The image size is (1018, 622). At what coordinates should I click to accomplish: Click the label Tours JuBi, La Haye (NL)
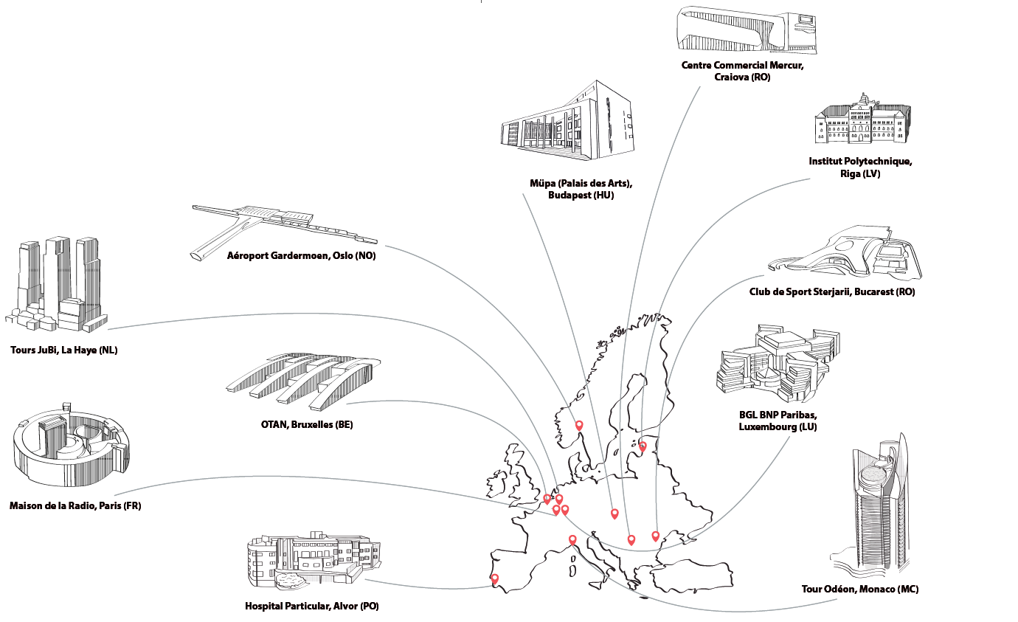[64, 350]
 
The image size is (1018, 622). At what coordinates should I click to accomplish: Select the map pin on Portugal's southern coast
[495, 578]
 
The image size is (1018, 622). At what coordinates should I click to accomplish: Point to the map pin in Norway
[579, 425]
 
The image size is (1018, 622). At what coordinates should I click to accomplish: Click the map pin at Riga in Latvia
[643, 446]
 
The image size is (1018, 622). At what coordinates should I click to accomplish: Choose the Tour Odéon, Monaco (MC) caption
[859, 589]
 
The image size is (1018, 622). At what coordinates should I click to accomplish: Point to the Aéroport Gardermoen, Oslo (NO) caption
[301, 256]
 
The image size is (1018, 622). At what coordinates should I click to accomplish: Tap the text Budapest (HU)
[581, 196]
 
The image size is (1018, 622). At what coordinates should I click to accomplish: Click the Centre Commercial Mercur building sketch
[747, 30]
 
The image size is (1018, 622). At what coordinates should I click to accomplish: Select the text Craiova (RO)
[742, 77]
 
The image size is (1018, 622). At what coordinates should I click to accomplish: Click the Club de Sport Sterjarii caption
[831, 291]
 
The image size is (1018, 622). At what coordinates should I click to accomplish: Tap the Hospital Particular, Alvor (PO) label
[311, 607]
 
